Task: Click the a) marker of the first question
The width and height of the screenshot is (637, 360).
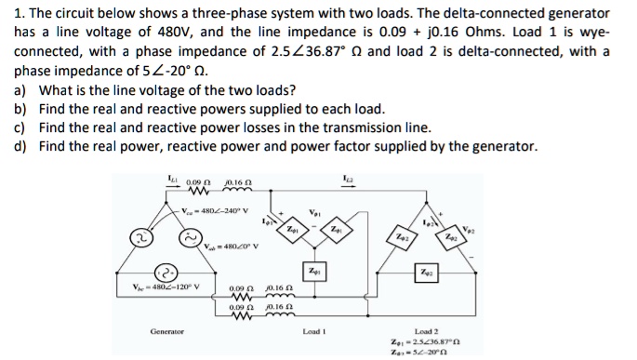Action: pos(20,90)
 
